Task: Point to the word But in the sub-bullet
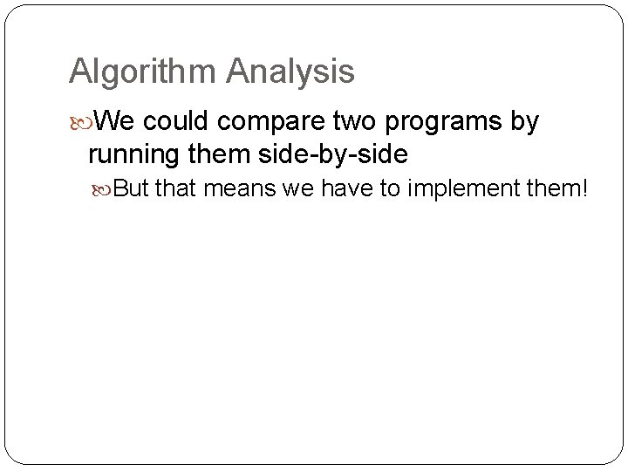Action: pyautogui.click(x=132, y=188)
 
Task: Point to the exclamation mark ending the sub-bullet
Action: pyautogui.click(x=584, y=188)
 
